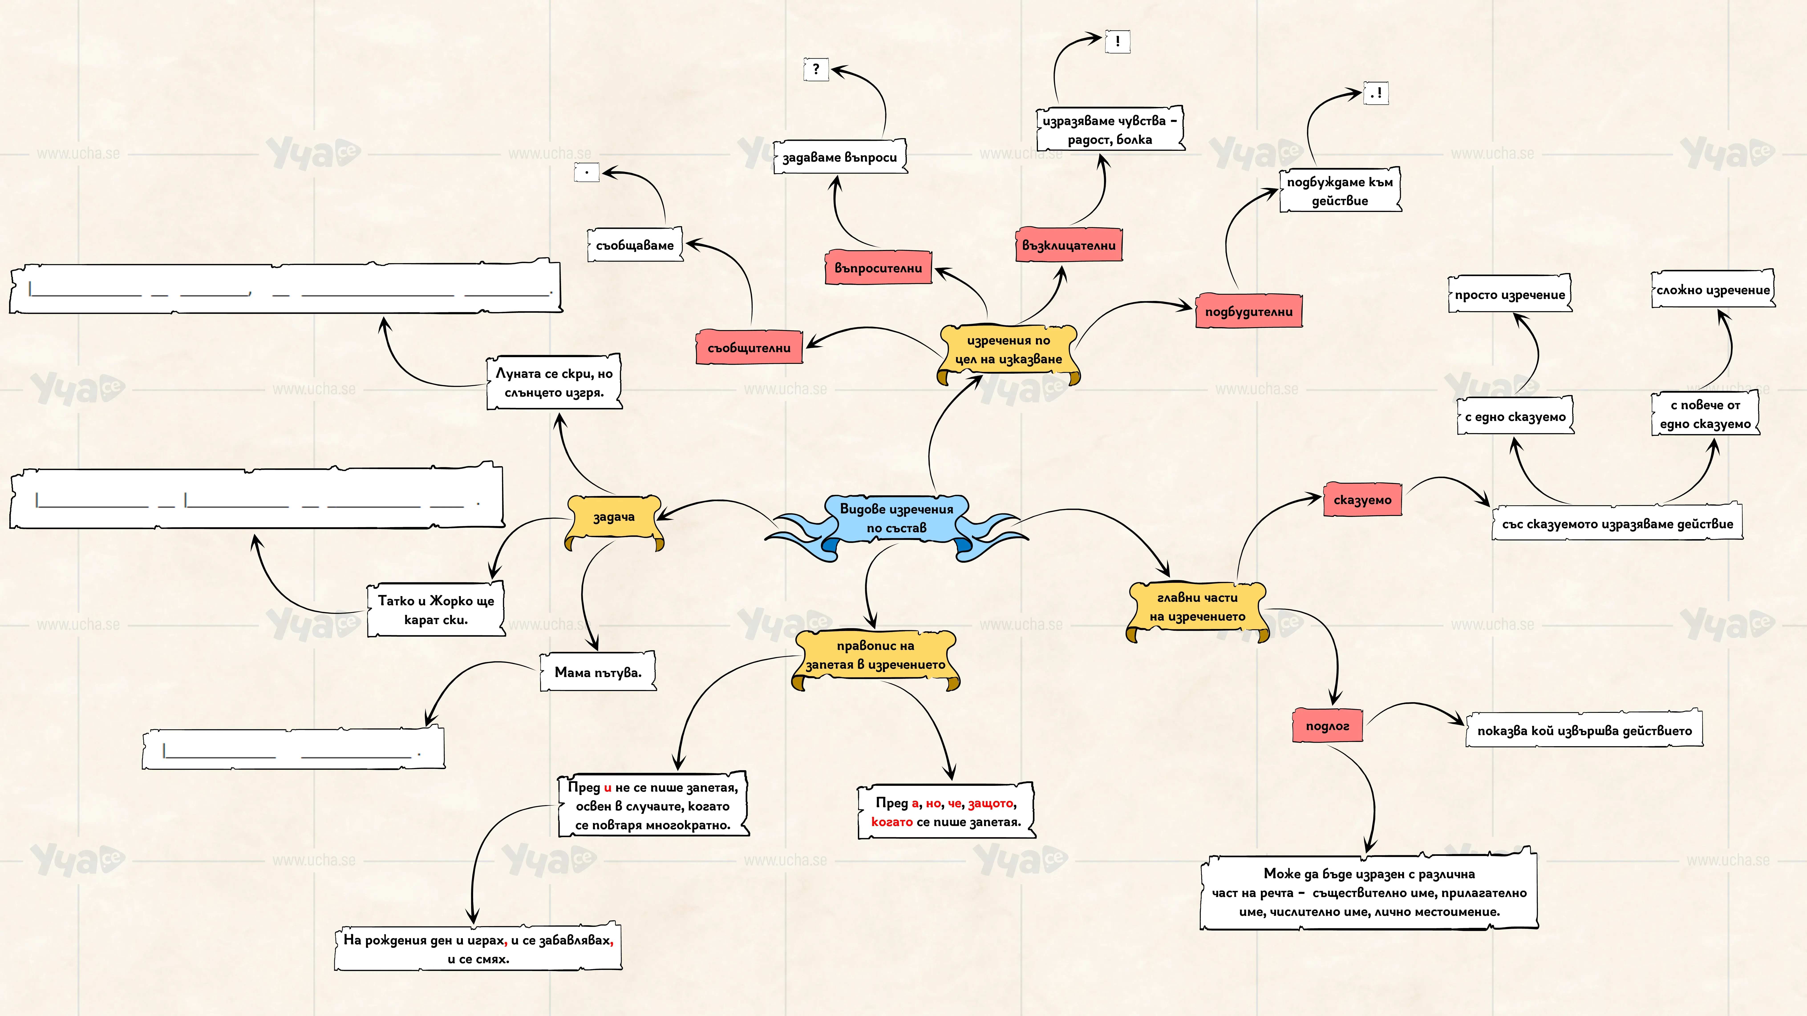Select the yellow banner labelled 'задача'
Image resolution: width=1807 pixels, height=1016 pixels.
coord(614,519)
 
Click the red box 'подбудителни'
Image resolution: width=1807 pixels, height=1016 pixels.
coord(1249,311)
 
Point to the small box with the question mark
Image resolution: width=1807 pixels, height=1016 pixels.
coord(816,69)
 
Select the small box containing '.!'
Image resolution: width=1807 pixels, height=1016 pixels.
coord(1376,93)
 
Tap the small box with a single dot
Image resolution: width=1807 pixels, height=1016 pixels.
coord(586,173)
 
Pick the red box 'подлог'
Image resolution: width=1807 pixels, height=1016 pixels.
coord(1327,726)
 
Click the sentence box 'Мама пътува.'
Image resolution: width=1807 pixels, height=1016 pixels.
coord(598,672)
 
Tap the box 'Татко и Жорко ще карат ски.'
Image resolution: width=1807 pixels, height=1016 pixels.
coord(436,609)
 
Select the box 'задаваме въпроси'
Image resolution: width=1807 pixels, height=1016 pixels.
coord(840,157)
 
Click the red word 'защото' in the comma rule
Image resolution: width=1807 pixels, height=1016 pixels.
coord(991,803)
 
